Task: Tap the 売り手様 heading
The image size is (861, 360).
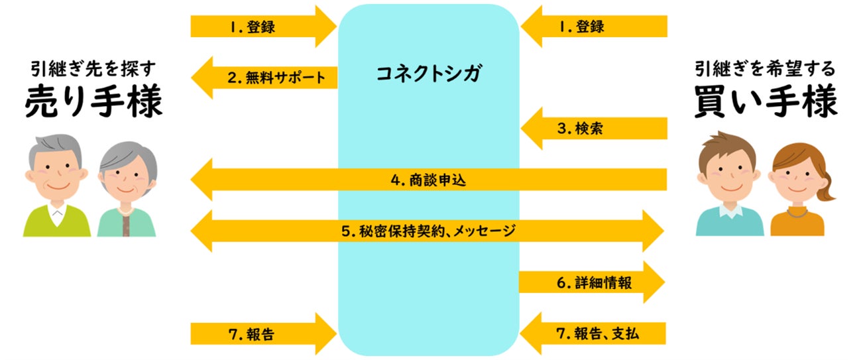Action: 93,103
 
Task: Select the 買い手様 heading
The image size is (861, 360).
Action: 766,103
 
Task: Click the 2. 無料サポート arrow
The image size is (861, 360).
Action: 265,78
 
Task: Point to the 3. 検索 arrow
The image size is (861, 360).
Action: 593,129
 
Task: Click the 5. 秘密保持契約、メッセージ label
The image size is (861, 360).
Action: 428,231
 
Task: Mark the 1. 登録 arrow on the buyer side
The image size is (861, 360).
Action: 593,27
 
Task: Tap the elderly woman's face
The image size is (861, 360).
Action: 127,179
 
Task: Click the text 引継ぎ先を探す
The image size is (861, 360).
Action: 93,68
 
